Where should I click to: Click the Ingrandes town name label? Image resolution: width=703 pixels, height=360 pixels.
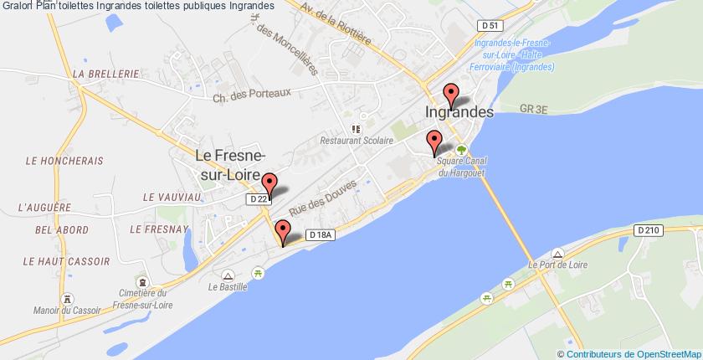459,111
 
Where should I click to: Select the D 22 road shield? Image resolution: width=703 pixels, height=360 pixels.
259,200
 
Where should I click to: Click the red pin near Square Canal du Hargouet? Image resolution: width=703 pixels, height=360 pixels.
434,142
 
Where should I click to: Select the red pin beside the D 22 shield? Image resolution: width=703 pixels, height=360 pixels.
269,184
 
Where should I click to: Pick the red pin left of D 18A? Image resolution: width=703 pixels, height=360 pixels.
283,231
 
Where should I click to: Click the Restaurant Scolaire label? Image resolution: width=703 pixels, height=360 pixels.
360,141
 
